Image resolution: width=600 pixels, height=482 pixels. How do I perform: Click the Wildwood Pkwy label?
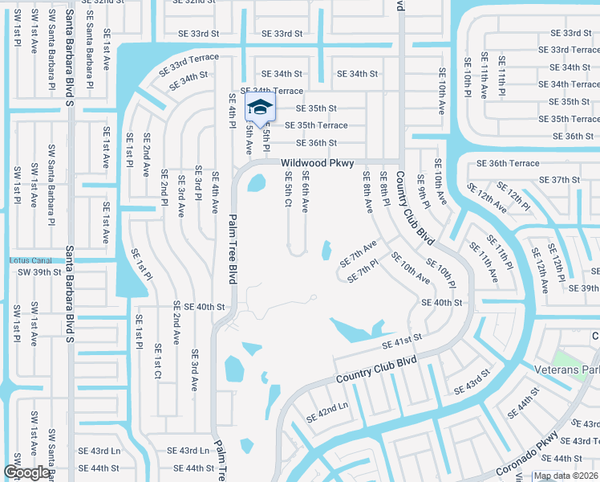(317, 163)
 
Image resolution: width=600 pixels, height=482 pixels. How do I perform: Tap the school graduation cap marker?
(259, 107)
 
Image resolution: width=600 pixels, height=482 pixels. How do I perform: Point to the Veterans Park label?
(566, 370)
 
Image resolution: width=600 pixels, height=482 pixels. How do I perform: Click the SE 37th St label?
(559, 180)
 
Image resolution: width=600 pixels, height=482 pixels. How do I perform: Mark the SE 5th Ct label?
(288, 189)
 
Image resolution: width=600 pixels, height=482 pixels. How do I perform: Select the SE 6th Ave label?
(305, 191)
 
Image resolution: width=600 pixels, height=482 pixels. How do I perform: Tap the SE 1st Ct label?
(157, 363)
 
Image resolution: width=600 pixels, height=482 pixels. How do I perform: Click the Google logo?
(26, 472)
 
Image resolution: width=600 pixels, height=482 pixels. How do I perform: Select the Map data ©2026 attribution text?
(566, 476)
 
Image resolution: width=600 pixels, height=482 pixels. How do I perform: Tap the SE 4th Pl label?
(233, 112)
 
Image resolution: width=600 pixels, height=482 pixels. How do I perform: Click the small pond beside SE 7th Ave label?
(326, 251)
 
